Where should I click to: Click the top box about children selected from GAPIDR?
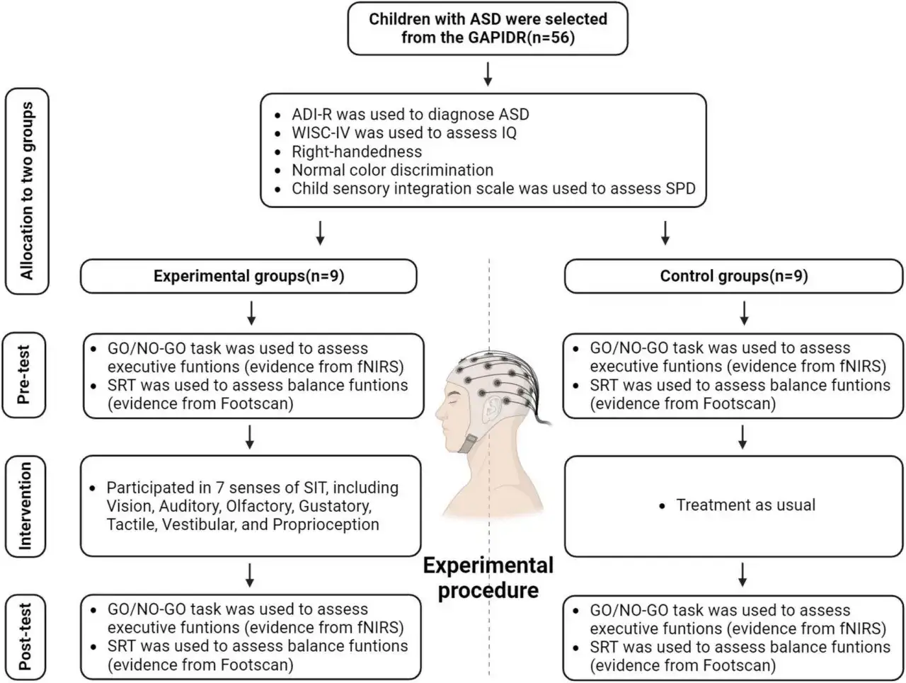[x=488, y=28]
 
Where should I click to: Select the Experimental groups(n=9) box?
[x=248, y=276]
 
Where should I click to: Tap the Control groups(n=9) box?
[x=733, y=276]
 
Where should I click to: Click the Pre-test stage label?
[x=24, y=374]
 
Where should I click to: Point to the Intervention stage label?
[x=25, y=506]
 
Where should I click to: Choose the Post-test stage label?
[x=25, y=637]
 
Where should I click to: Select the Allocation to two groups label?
[x=27, y=191]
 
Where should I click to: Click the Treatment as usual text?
[x=745, y=505]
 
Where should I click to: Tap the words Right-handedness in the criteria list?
[x=357, y=151]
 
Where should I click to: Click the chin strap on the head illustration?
[x=468, y=444]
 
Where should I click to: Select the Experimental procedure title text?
[x=488, y=578]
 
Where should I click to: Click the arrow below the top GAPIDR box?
[x=488, y=74]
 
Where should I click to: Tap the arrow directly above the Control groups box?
[x=665, y=233]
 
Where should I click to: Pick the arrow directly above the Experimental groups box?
[x=321, y=233]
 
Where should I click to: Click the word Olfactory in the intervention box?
[x=260, y=506]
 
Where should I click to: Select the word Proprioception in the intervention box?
[x=326, y=524]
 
